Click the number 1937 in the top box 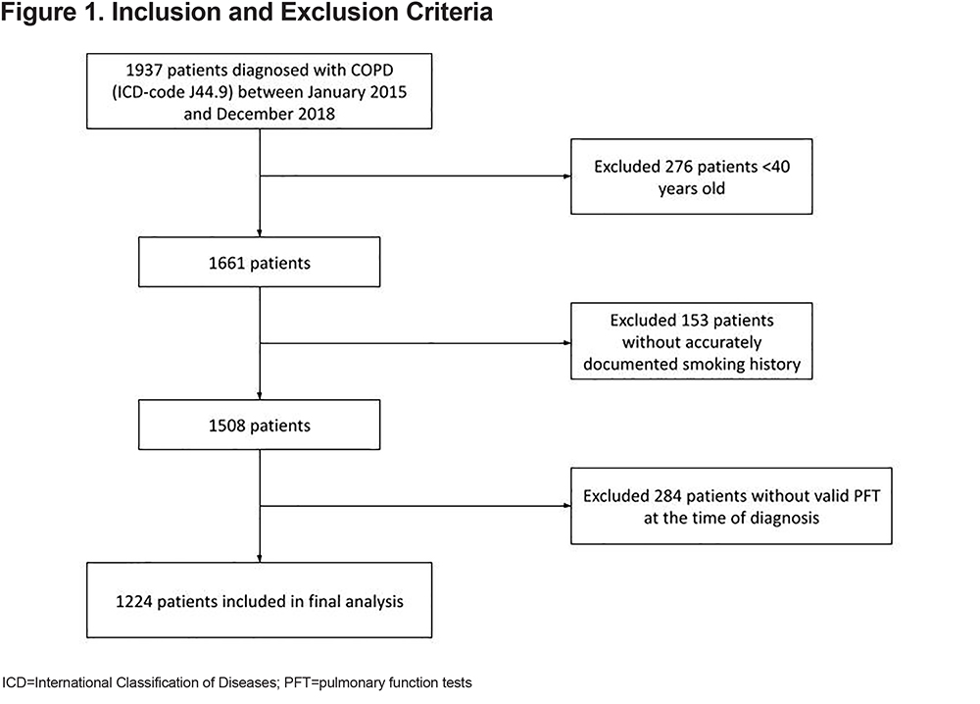click(x=144, y=70)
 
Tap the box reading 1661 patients click(x=260, y=262)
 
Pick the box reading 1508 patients click(x=260, y=425)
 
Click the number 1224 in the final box click(x=133, y=601)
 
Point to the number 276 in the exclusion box click(x=678, y=167)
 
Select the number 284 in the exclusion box click(x=668, y=496)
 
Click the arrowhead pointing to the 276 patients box click(x=566, y=176)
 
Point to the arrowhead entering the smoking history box click(x=566, y=342)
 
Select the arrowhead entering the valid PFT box click(x=566, y=505)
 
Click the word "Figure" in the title click(x=38, y=13)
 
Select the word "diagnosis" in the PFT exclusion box click(x=784, y=519)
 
